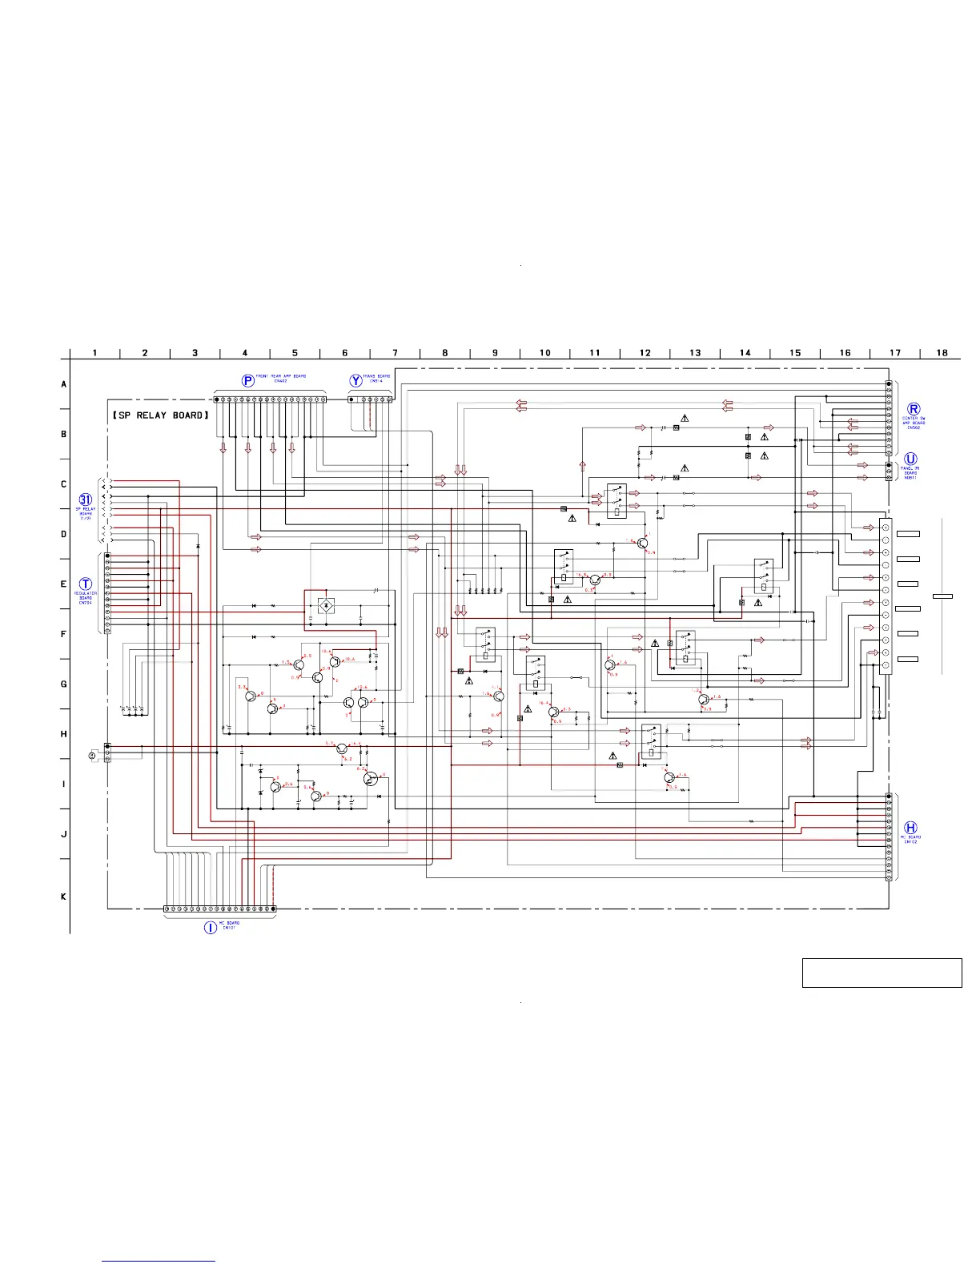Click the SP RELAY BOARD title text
pyautogui.click(x=161, y=415)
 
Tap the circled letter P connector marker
pyautogui.click(x=248, y=381)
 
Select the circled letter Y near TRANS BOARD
pyautogui.click(x=355, y=381)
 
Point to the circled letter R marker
pyautogui.click(x=914, y=409)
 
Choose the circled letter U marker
pyautogui.click(x=910, y=459)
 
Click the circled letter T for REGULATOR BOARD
pyautogui.click(x=86, y=584)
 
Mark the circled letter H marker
pyautogui.click(x=910, y=828)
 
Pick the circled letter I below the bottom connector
pyautogui.click(x=210, y=927)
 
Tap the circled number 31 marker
pyautogui.click(x=86, y=500)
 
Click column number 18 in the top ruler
pyautogui.click(x=942, y=353)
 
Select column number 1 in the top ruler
pyautogui.click(x=94, y=353)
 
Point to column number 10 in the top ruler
pyautogui.click(x=544, y=353)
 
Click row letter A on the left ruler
pyautogui.click(x=64, y=384)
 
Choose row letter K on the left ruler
pyautogui.click(x=64, y=897)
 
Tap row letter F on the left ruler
pyautogui.click(x=64, y=634)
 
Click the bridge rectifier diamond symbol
pyautogui.click(x=325, y=604)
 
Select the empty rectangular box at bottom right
pyautogui.click(x=882, y=973)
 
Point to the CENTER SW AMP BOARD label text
pyautogui.click(x=914, y=423)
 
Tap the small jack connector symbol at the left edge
pyautogui.click(x=94, y=755)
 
